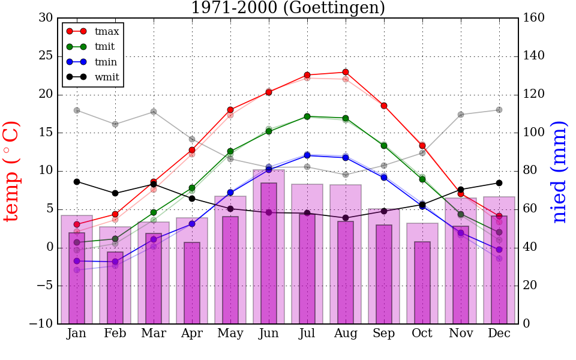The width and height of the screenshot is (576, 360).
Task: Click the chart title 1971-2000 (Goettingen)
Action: click(x=288, y=8)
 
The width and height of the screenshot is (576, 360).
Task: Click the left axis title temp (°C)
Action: click(x=12, y=171)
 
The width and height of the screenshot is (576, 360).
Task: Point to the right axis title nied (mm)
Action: click(x=559, y=171)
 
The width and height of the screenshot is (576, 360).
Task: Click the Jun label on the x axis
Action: click(x=269, y=334)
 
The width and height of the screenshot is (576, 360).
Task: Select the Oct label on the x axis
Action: click(x=422, y=334)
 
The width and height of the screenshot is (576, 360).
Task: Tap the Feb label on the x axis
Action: click(x=115, y=334)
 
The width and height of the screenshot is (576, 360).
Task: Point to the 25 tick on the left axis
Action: click(x=46, y=56)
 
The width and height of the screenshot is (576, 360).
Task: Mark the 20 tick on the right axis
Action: click(x=531, y=286)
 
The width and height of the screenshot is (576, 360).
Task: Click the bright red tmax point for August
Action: click(x=346, y=72)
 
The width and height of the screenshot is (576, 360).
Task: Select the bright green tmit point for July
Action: click(x=307, y=116)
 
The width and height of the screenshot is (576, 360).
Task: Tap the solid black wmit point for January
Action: click(x=77, y=182)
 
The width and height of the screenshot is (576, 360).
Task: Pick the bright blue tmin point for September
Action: click(x=384, y=178)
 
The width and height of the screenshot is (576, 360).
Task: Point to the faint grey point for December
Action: click(x=499, y=110)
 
